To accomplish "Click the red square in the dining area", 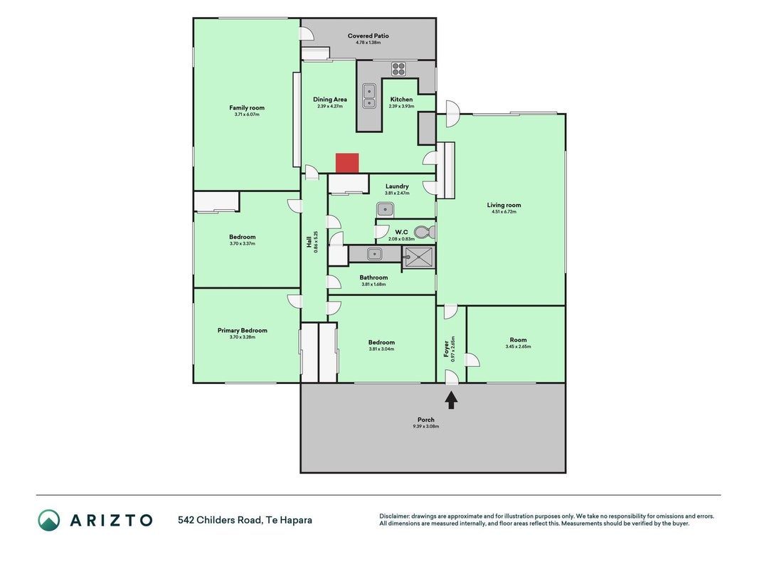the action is [347, 163].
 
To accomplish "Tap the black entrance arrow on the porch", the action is [452, 400].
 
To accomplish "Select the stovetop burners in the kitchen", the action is [398, 69].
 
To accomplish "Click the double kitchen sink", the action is [369, 96].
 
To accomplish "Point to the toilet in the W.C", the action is [425, 233].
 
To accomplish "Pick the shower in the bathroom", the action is [419, 257].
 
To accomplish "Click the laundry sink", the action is [386, 210].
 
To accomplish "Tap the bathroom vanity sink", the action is [374, 253].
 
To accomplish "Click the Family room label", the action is [247, 108].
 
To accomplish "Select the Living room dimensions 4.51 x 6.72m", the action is [504, 211].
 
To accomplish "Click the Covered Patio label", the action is [368, 36].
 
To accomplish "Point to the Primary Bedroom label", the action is [242, 331].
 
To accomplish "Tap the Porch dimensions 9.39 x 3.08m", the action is [426, 426].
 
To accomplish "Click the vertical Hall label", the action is [309, 242].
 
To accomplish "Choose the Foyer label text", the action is [446, 349].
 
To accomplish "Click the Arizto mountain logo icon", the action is [49, 520].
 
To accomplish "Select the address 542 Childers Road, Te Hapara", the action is [245, 520].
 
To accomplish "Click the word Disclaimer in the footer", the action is [394, 516].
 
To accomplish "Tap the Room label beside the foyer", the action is [518, 340].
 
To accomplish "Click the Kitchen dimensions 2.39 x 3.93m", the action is [401, 106].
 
